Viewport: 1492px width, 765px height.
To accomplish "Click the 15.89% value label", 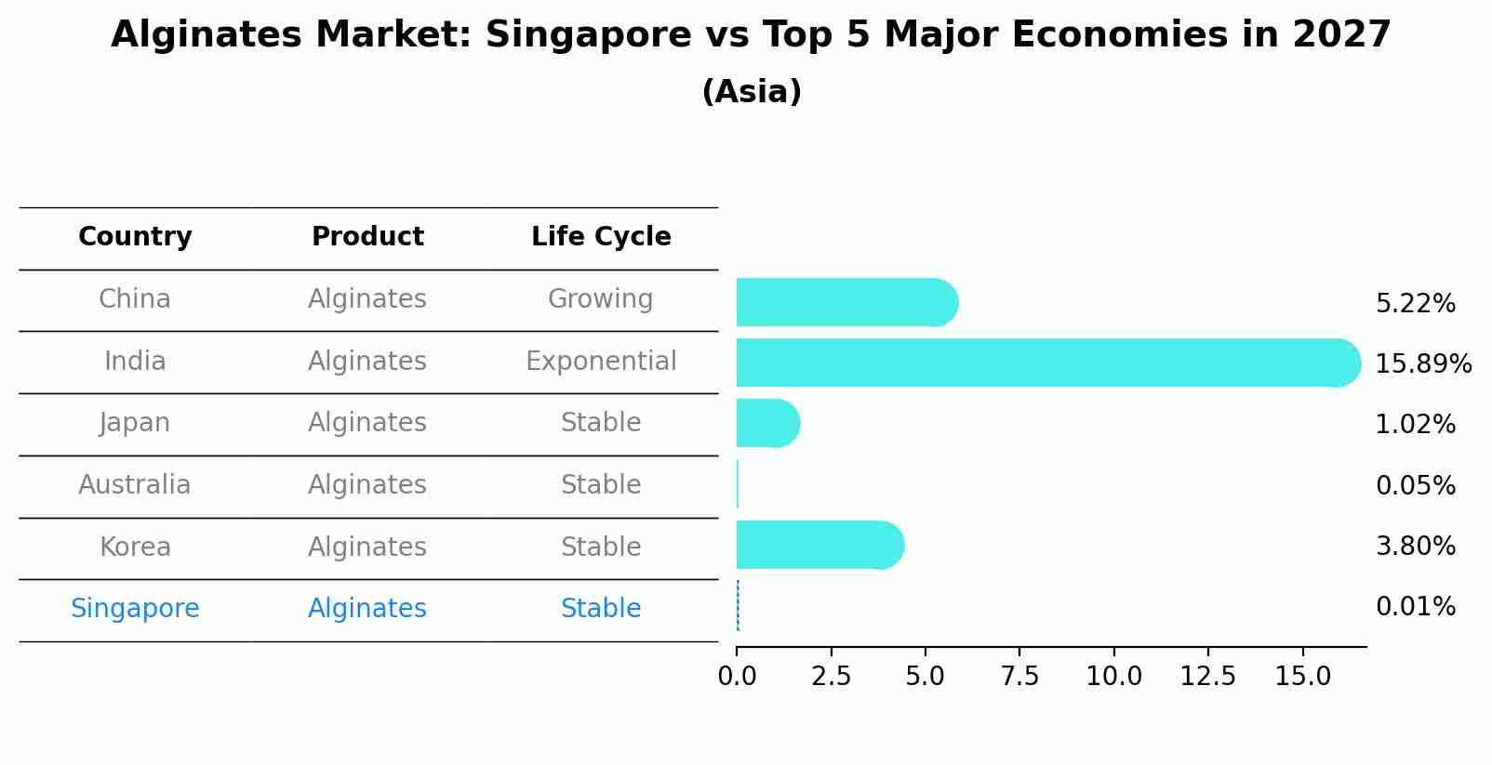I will point(1423,363).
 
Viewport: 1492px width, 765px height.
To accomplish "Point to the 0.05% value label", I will point(1415,485).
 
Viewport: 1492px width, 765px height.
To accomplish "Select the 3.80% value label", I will point(1415,546).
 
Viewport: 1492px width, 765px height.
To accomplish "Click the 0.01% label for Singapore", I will point(1415,607).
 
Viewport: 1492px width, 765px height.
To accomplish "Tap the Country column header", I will point(135,237).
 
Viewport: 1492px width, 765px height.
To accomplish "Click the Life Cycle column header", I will point(601,237).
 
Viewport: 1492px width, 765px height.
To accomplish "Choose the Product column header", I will point(367,237).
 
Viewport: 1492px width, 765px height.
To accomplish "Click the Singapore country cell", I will point(135,609).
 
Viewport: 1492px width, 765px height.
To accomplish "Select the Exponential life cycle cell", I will point(601,361).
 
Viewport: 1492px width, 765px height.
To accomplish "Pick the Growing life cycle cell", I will point(601,299).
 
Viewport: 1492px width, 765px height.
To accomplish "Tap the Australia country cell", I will point(135,485).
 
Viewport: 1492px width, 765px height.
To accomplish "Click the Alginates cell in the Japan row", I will point(367,423).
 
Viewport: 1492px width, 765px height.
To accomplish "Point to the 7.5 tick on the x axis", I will point(1019,677).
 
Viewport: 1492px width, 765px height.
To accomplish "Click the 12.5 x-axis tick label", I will point(1207,677).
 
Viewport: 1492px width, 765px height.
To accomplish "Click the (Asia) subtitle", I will point(752,92).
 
